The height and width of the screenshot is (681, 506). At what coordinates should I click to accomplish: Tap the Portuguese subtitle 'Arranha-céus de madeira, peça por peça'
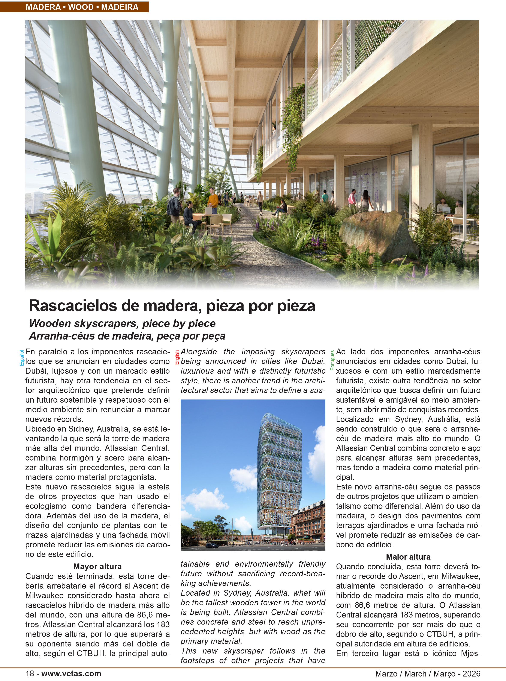[x=127, y=336]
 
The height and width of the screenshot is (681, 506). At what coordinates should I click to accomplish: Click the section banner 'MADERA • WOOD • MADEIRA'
[x=82, y=7]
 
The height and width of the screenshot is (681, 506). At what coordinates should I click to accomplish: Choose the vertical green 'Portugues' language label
[x=332, y=360]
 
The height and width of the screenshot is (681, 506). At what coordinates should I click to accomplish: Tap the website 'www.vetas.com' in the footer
[x=71, y=674]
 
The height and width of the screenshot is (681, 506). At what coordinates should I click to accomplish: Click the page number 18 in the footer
[x=30, y=674]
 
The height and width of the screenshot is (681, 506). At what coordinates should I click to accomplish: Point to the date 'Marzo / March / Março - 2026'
[x=428, y=674]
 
